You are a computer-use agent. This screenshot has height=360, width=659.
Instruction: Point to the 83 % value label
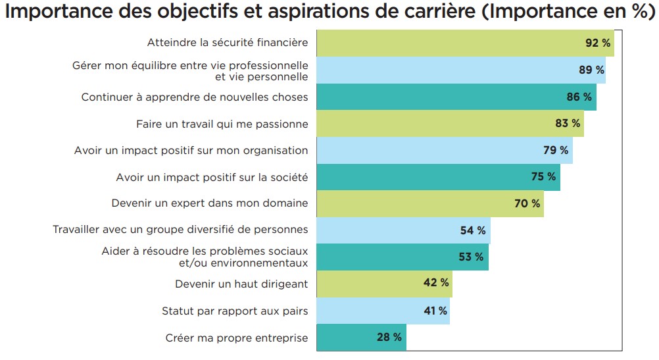click(568, 123)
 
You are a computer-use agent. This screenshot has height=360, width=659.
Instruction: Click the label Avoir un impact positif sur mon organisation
click(191, 150)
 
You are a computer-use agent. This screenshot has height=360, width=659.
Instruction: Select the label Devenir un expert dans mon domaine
click(209, 203)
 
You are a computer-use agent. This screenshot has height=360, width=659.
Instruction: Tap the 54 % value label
click(473, 230)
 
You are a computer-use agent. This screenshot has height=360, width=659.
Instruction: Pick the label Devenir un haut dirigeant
click(241, 284)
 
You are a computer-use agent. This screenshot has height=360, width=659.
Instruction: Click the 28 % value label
click(389, 338)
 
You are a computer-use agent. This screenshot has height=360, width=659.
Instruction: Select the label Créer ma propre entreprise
click(237, 338)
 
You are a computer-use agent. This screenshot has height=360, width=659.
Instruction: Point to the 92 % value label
click(598, 43)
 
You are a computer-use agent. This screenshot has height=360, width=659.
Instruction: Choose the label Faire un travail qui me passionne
click(222, 123)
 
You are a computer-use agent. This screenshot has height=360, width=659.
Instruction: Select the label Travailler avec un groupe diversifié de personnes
click(180, 230)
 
